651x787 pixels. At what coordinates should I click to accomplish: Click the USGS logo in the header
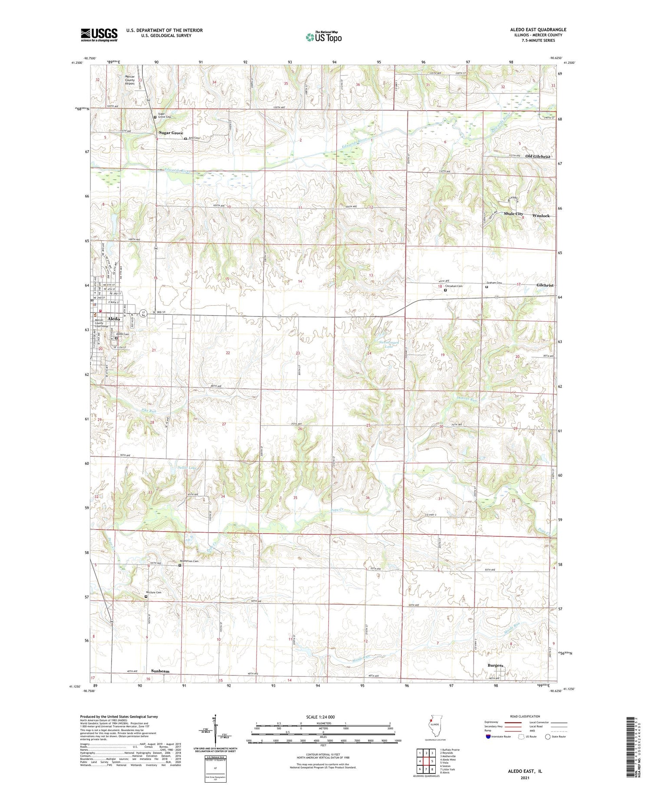point(99,35)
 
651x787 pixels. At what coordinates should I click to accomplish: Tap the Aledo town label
point(114,319)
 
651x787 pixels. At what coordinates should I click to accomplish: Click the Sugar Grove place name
point(171,133)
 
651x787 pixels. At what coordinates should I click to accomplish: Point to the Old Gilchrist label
point(538,156)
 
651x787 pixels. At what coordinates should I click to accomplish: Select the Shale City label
point(513,214)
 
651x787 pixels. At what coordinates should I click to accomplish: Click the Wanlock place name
point(541,216)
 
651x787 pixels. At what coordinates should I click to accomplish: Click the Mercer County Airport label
point(130,80)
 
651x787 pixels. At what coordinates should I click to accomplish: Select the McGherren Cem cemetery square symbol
point(180,565)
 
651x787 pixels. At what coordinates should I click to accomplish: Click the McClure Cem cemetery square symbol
point(146,596)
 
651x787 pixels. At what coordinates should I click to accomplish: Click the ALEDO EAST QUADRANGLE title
point(538,30)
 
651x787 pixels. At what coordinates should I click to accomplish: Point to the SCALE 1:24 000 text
point(320,717)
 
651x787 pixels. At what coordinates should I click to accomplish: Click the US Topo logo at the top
point(323,37)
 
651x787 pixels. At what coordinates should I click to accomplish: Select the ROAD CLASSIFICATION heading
point(525,717)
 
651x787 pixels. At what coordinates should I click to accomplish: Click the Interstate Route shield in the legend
point(488,737)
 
